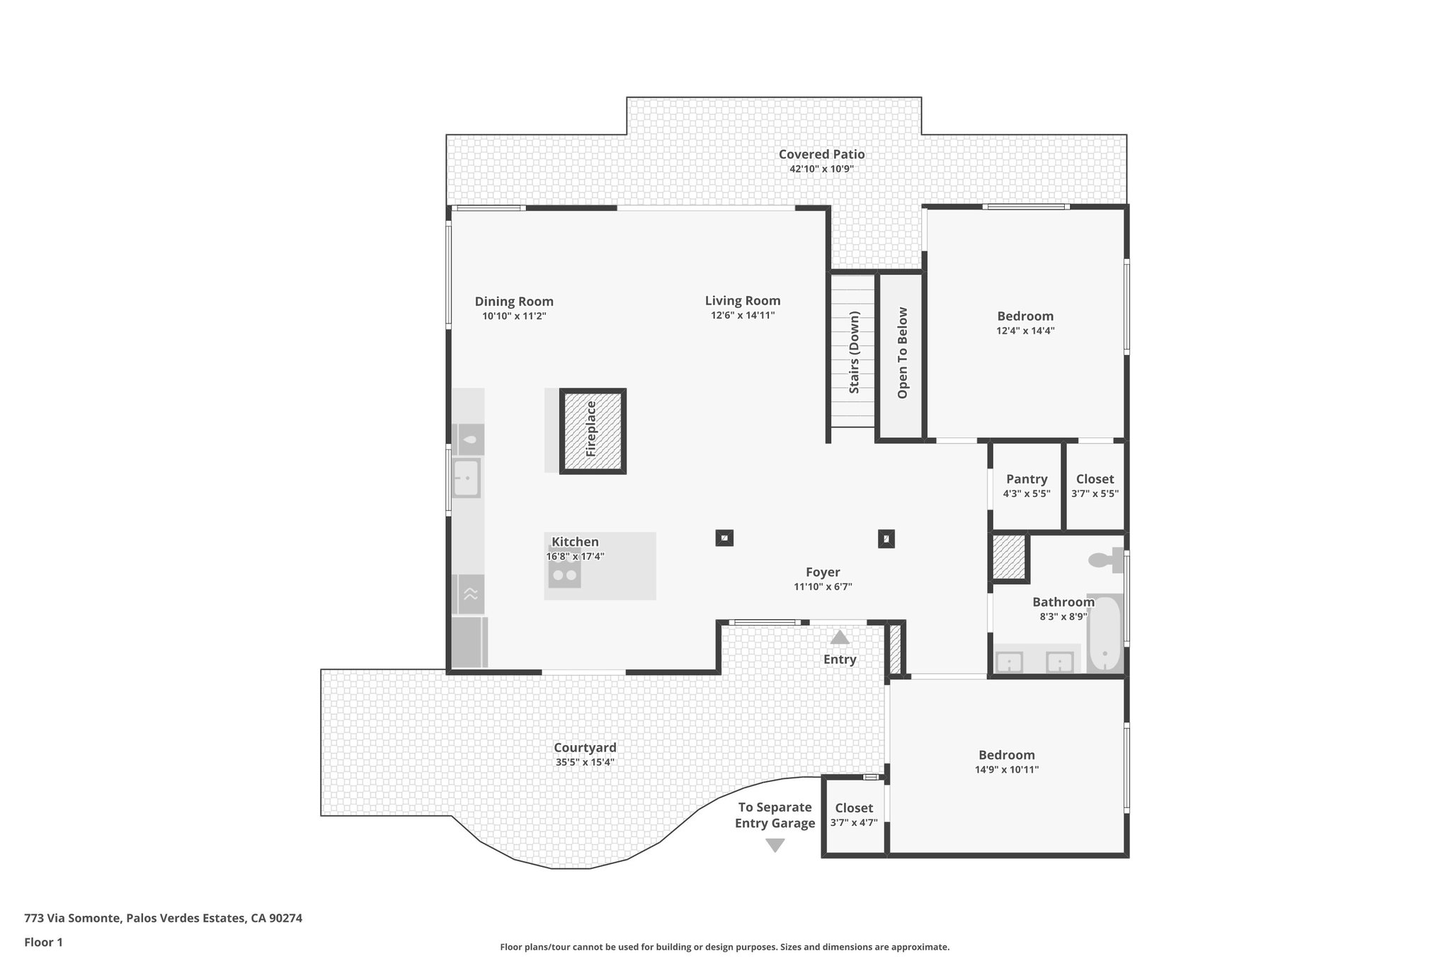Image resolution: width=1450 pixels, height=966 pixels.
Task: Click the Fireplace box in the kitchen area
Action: (593, 430)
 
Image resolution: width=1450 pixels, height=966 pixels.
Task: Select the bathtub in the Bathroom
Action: (1104, 633)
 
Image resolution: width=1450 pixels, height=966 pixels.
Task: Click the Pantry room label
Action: (1026, 479)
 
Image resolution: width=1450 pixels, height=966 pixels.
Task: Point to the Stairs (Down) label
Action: (854, 352)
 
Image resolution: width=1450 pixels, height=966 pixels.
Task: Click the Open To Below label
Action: (902, 352)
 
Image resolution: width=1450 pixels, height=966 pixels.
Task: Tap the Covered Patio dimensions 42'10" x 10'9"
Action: (821, 169)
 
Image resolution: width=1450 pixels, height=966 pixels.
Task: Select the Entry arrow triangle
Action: (840, 638)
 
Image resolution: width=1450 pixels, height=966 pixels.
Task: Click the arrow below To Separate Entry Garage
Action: (775, 845)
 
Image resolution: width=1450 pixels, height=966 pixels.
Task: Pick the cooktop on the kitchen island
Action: (564, 575)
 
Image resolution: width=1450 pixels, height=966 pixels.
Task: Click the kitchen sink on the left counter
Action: (467, 478)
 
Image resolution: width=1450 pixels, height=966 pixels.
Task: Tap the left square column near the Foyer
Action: (724, 538)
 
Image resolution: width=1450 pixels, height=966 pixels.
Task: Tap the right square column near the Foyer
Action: (886, 539)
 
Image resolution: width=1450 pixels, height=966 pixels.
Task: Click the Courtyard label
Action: (585, 747)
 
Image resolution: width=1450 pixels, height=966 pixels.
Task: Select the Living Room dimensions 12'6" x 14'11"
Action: (743, 316)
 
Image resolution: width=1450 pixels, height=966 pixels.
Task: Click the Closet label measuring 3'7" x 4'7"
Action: (853, 808)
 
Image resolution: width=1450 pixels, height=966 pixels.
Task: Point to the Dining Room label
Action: (514, 301)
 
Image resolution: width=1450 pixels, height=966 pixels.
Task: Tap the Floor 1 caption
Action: (43, 942)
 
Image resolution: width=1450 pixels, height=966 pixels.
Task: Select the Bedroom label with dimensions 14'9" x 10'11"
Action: (1006, 755)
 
